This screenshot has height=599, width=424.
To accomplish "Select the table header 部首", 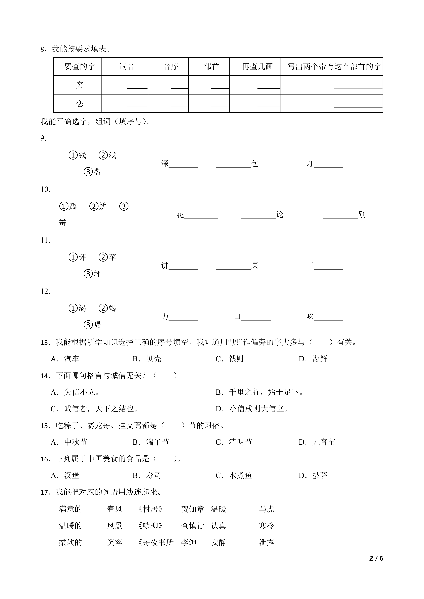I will click(211, 67).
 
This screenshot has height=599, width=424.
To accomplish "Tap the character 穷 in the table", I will click(80, 85).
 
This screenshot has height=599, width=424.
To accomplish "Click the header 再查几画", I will click(257, 67).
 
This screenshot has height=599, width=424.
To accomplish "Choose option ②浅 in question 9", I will click(107, 155).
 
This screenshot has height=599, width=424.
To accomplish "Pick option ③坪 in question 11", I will click(92, 274).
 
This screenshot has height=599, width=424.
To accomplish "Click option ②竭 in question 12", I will click(107, 308).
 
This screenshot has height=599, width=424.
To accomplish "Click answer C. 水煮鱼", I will click(234, 475).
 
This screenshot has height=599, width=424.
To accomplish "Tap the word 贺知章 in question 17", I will click(193, 509).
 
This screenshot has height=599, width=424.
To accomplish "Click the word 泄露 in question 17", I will click(267, 542).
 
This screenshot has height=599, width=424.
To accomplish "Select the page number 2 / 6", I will click(376, 558).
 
